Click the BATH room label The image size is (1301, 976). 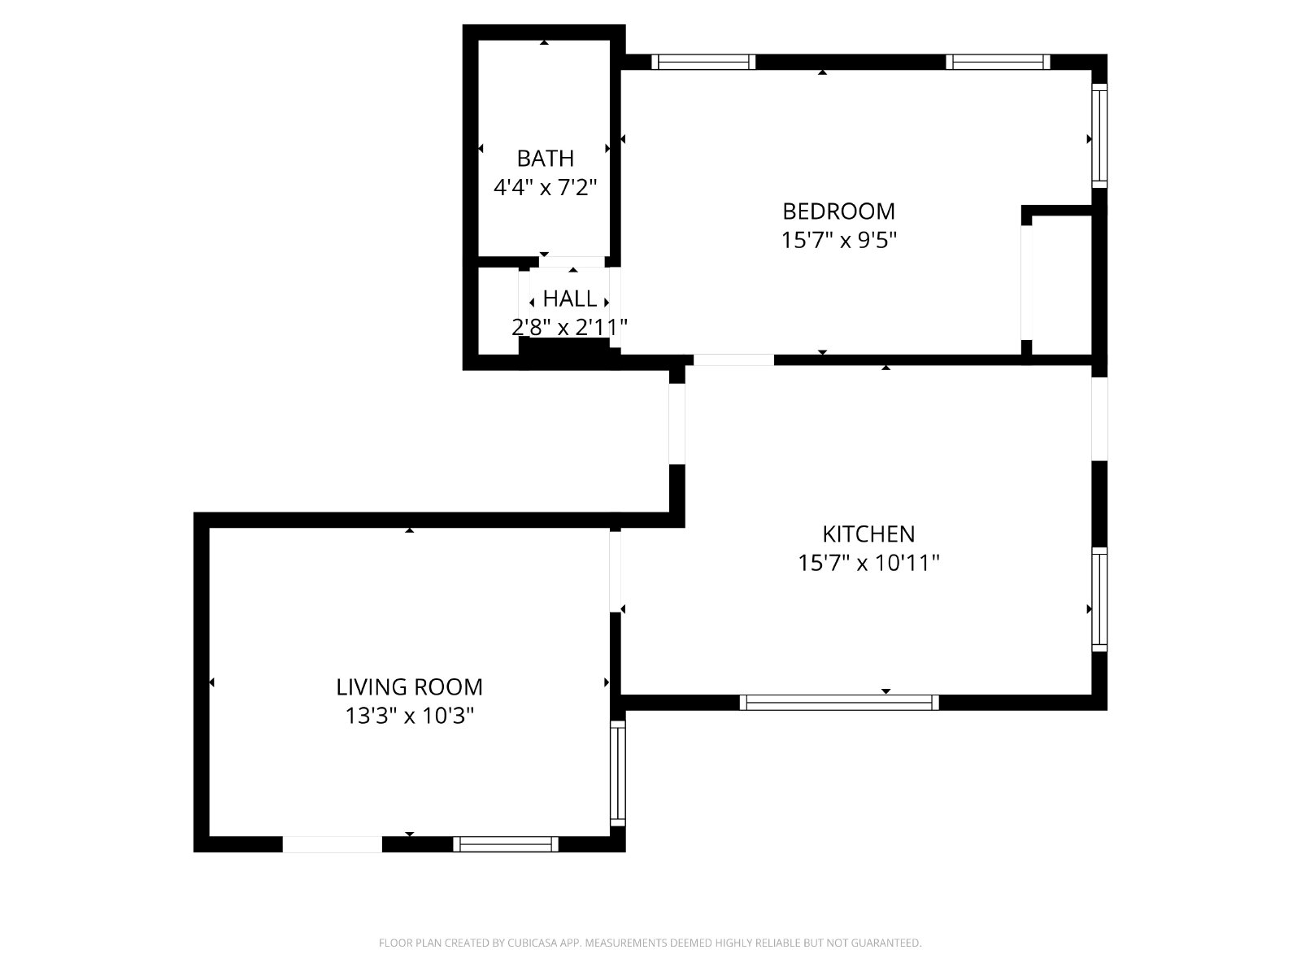tap(545, 159)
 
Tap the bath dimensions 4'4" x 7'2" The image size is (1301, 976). tap(545, 187)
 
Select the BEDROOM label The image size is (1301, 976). tap(838, 211)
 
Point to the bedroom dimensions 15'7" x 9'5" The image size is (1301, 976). tap(838, 240)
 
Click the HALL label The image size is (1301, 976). tap(570, 298)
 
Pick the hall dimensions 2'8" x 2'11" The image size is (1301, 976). tap(569, 326)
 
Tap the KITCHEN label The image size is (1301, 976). tap(868, 534)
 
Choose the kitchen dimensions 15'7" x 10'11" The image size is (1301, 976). tap(868, 562)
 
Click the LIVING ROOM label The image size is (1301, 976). tap(409, 686)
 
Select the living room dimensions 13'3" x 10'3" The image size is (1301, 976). tap(409, 716)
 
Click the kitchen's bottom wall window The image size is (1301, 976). tap(838, 702)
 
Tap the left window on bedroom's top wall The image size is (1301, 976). tap(703, 62)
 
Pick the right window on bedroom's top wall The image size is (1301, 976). tap(998, 62)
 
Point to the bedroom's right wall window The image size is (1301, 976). tap(1099, 136)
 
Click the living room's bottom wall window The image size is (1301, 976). tap(506, 844)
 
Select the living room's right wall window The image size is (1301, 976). tap(618, 773)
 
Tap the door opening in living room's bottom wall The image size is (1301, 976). tap(332, 844)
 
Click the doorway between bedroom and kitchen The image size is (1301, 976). tap(733, 359)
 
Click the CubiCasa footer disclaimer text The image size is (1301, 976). tap(650, 942)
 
